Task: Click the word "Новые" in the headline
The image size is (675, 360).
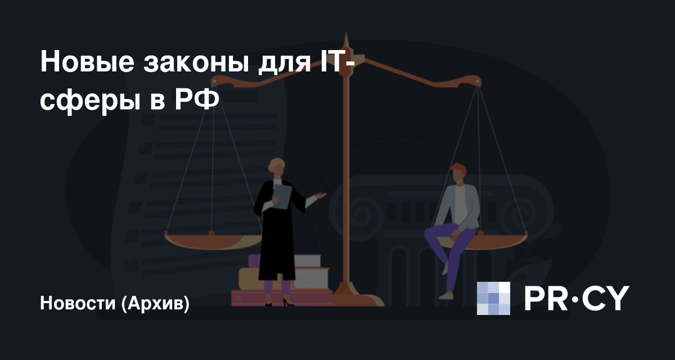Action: click(87, 62)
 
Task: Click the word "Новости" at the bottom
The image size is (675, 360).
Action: click(78, 303)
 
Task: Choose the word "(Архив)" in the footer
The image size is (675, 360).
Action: click(155, 303)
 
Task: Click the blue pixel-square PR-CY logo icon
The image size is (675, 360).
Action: click(493, 298)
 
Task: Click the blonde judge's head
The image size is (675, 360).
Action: click(277, 168)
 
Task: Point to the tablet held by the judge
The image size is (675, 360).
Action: click(282, 196)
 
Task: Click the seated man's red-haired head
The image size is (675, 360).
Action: click(458, 173)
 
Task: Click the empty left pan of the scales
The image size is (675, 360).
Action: click(213, 240)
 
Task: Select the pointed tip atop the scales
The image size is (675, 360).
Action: click(346, 32)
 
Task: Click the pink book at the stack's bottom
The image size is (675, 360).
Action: click(282, 298)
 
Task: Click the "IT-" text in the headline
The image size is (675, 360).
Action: click(337, 62)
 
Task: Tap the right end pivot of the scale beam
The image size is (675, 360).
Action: click(478, 82)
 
